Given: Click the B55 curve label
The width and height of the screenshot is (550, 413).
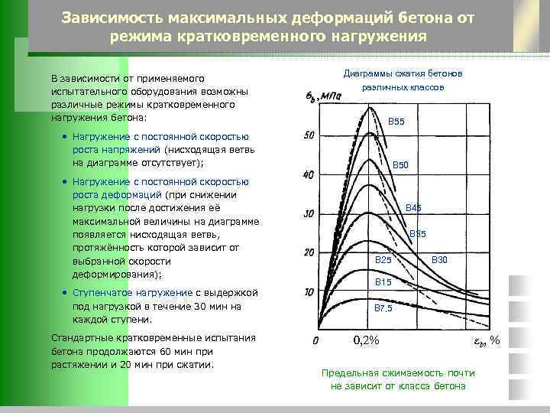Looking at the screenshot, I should pyautogui.click(x=400, y=122).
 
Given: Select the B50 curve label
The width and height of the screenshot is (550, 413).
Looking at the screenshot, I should pyautogui.click(x=400, y=165).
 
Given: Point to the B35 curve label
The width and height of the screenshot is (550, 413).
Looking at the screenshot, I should pyautogui.click(x=418, y=234).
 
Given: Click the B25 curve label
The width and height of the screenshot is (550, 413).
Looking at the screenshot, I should pyautogui.click(x=383, y=261).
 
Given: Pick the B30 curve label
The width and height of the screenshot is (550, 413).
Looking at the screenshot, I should pyautogui.click(x=440, y=261).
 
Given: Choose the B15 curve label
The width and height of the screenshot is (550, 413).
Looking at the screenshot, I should pyautogui.click(x=383, y=283).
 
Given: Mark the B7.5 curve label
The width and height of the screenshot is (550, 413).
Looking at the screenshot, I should pyautogui.click(x=383, y=308).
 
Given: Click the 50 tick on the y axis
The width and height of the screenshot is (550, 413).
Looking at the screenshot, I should pyautogui.click(x=309, y=135).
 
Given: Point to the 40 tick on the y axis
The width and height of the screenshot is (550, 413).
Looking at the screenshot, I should pyautogui.click(x=309, y=175).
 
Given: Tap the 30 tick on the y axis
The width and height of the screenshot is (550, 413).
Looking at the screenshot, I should pyautogui.click(x=309, y=214).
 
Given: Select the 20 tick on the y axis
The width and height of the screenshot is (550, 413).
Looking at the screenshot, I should pyautogui.click(x=309, y=253).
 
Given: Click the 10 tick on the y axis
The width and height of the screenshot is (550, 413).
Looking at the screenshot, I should pyautogui.click(x=309, y=292).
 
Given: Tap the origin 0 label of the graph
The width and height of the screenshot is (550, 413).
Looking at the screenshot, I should pyautogui.click(x=315, y=339).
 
